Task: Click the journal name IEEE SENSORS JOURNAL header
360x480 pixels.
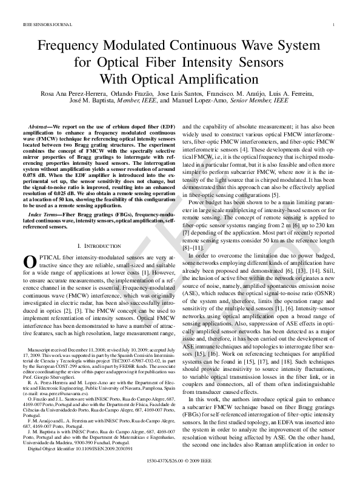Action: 41,25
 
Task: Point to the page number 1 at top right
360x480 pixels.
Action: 335,25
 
